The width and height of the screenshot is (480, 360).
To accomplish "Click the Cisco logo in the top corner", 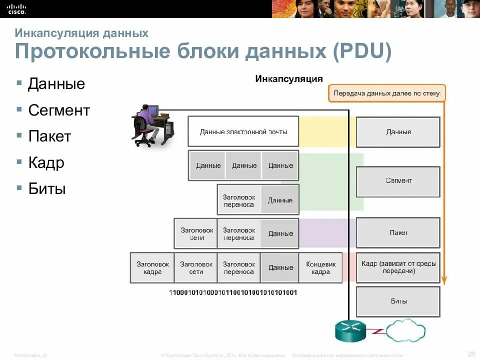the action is click(16, 8).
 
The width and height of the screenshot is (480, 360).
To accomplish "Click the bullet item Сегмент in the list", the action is click(59, 110).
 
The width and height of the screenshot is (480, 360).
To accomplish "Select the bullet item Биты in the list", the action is click(47, 188).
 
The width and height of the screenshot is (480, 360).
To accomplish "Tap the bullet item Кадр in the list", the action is click(46, 162).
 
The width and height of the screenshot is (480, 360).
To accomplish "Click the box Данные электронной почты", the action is click(243, 132).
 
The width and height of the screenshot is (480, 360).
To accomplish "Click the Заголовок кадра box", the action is click(152, 268).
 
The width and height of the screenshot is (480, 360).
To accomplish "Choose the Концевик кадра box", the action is click(320, 268).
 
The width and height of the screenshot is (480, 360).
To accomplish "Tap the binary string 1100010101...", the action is click(233, 292).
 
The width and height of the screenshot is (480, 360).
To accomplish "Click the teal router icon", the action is click(350, 330).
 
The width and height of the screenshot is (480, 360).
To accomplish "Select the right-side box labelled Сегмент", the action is click(398, 181).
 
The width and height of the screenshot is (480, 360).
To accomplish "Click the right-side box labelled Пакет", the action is click(398, 232).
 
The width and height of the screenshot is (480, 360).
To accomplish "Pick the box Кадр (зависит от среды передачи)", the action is click(398, 267).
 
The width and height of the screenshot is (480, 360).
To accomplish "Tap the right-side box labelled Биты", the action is click(398, 301).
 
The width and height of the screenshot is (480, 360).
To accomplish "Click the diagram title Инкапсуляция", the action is click(289, 78).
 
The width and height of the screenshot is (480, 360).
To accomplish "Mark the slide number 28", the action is click(471, 354).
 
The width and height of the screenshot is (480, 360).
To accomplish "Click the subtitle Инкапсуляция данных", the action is click(81, 33).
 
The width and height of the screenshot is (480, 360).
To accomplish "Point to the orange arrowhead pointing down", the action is click(445, 281).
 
